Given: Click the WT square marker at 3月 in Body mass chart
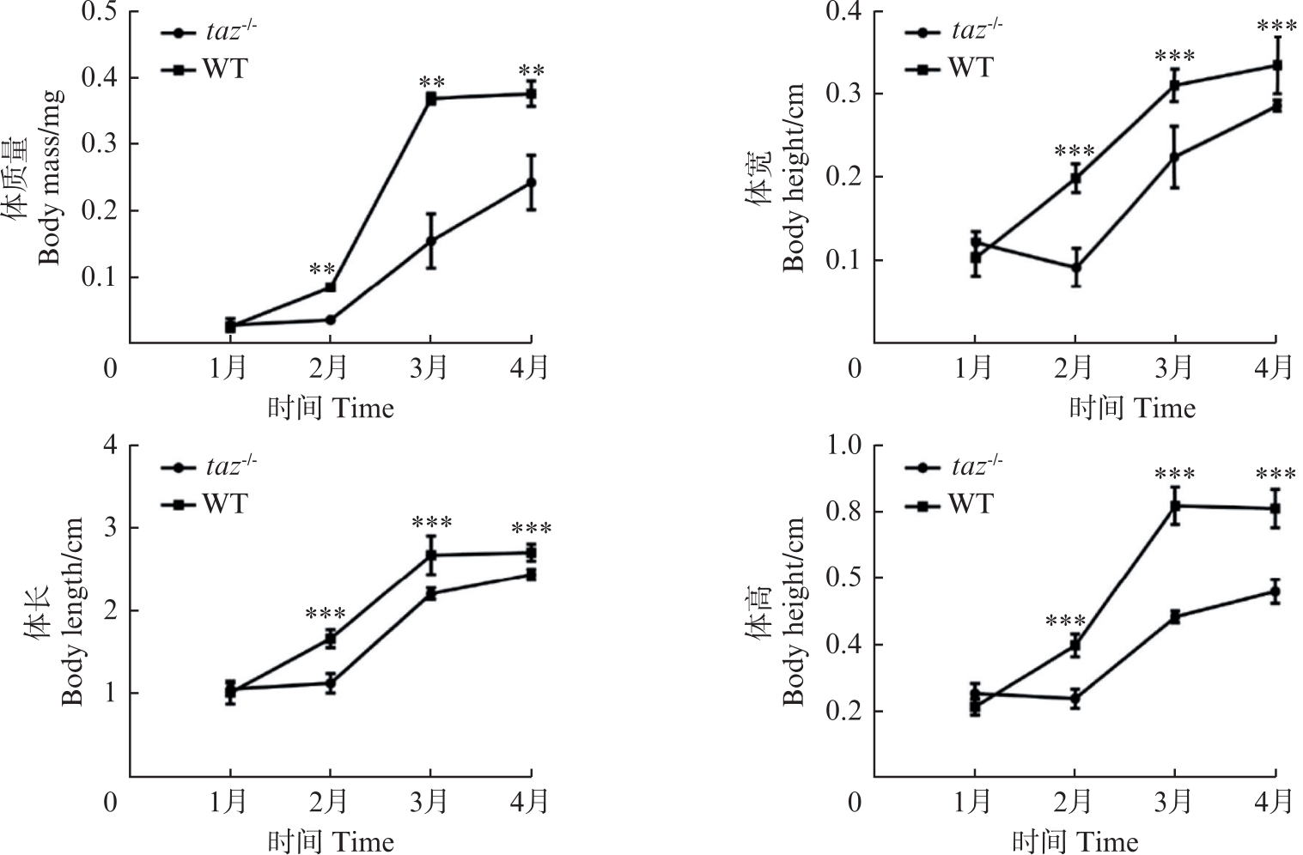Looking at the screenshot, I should click(x=431, y=99).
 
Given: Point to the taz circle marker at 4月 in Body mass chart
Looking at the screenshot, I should click(x=532, y=182).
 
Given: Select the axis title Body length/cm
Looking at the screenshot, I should click(x=72, y=610).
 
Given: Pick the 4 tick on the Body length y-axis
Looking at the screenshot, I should click(x=109, y=446).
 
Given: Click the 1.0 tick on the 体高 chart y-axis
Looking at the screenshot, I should click(x=843, y=446).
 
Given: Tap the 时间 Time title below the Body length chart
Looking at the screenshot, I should click(x=331, y=841).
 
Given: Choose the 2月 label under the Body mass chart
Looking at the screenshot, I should click(x=330, y=368).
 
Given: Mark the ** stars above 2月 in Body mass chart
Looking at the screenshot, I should click(x=322, y=269).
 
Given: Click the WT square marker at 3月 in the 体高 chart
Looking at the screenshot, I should click(x=1175, y=506).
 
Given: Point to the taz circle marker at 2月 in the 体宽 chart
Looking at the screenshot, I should click(x=1075, y=267).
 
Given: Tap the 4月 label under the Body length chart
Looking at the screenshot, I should click(x=531, y=802).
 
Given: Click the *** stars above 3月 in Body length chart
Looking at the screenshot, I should click(x=432, y=522).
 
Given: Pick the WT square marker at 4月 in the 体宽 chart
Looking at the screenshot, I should click(x=1276, y=65).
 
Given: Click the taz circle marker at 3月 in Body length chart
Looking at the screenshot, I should click(x=431, y=592).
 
